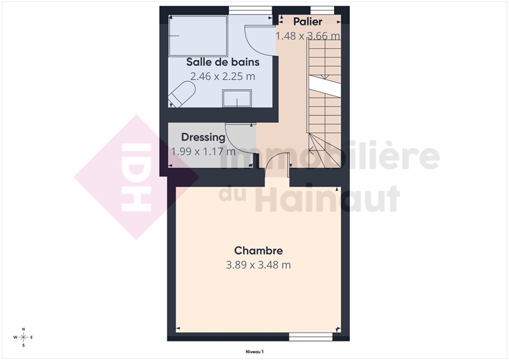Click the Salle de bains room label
click(223, 62)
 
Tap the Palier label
click(307, 22)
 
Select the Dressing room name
click(203, 137)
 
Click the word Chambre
click(258, 251)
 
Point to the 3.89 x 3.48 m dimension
click(258, 265)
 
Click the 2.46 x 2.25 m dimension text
click(223, 76)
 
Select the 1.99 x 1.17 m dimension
click(203, 151)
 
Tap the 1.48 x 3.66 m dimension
click(308, 36)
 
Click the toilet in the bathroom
click(181, 94)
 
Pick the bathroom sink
click(237, 99)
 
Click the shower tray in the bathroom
click(198, 36)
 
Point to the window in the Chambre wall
click(310, 337)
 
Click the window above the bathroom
click(250, 10)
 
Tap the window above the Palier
click(322, 10)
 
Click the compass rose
click(24, 337)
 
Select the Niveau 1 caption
click(254, 352)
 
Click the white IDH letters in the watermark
click(136, 177)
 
